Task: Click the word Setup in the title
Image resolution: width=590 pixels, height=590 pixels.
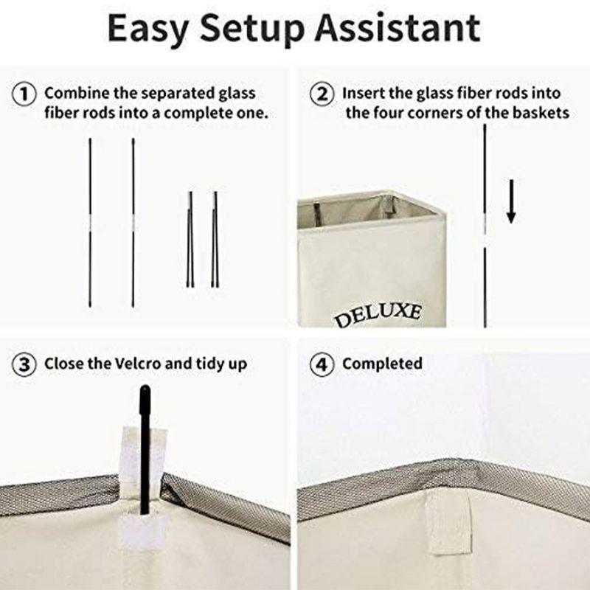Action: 251,29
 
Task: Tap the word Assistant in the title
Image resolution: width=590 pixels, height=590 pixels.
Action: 398,27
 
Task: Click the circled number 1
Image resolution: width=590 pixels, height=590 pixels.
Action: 24,94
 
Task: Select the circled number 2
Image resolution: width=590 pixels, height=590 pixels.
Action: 322,94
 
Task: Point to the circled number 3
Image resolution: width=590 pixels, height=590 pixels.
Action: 24,364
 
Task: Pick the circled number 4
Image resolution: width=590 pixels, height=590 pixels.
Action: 322,364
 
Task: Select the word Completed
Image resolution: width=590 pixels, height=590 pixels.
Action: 382,364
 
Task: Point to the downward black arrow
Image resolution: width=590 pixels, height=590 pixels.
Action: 510,201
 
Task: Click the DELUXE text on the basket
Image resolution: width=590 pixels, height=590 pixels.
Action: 378,315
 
